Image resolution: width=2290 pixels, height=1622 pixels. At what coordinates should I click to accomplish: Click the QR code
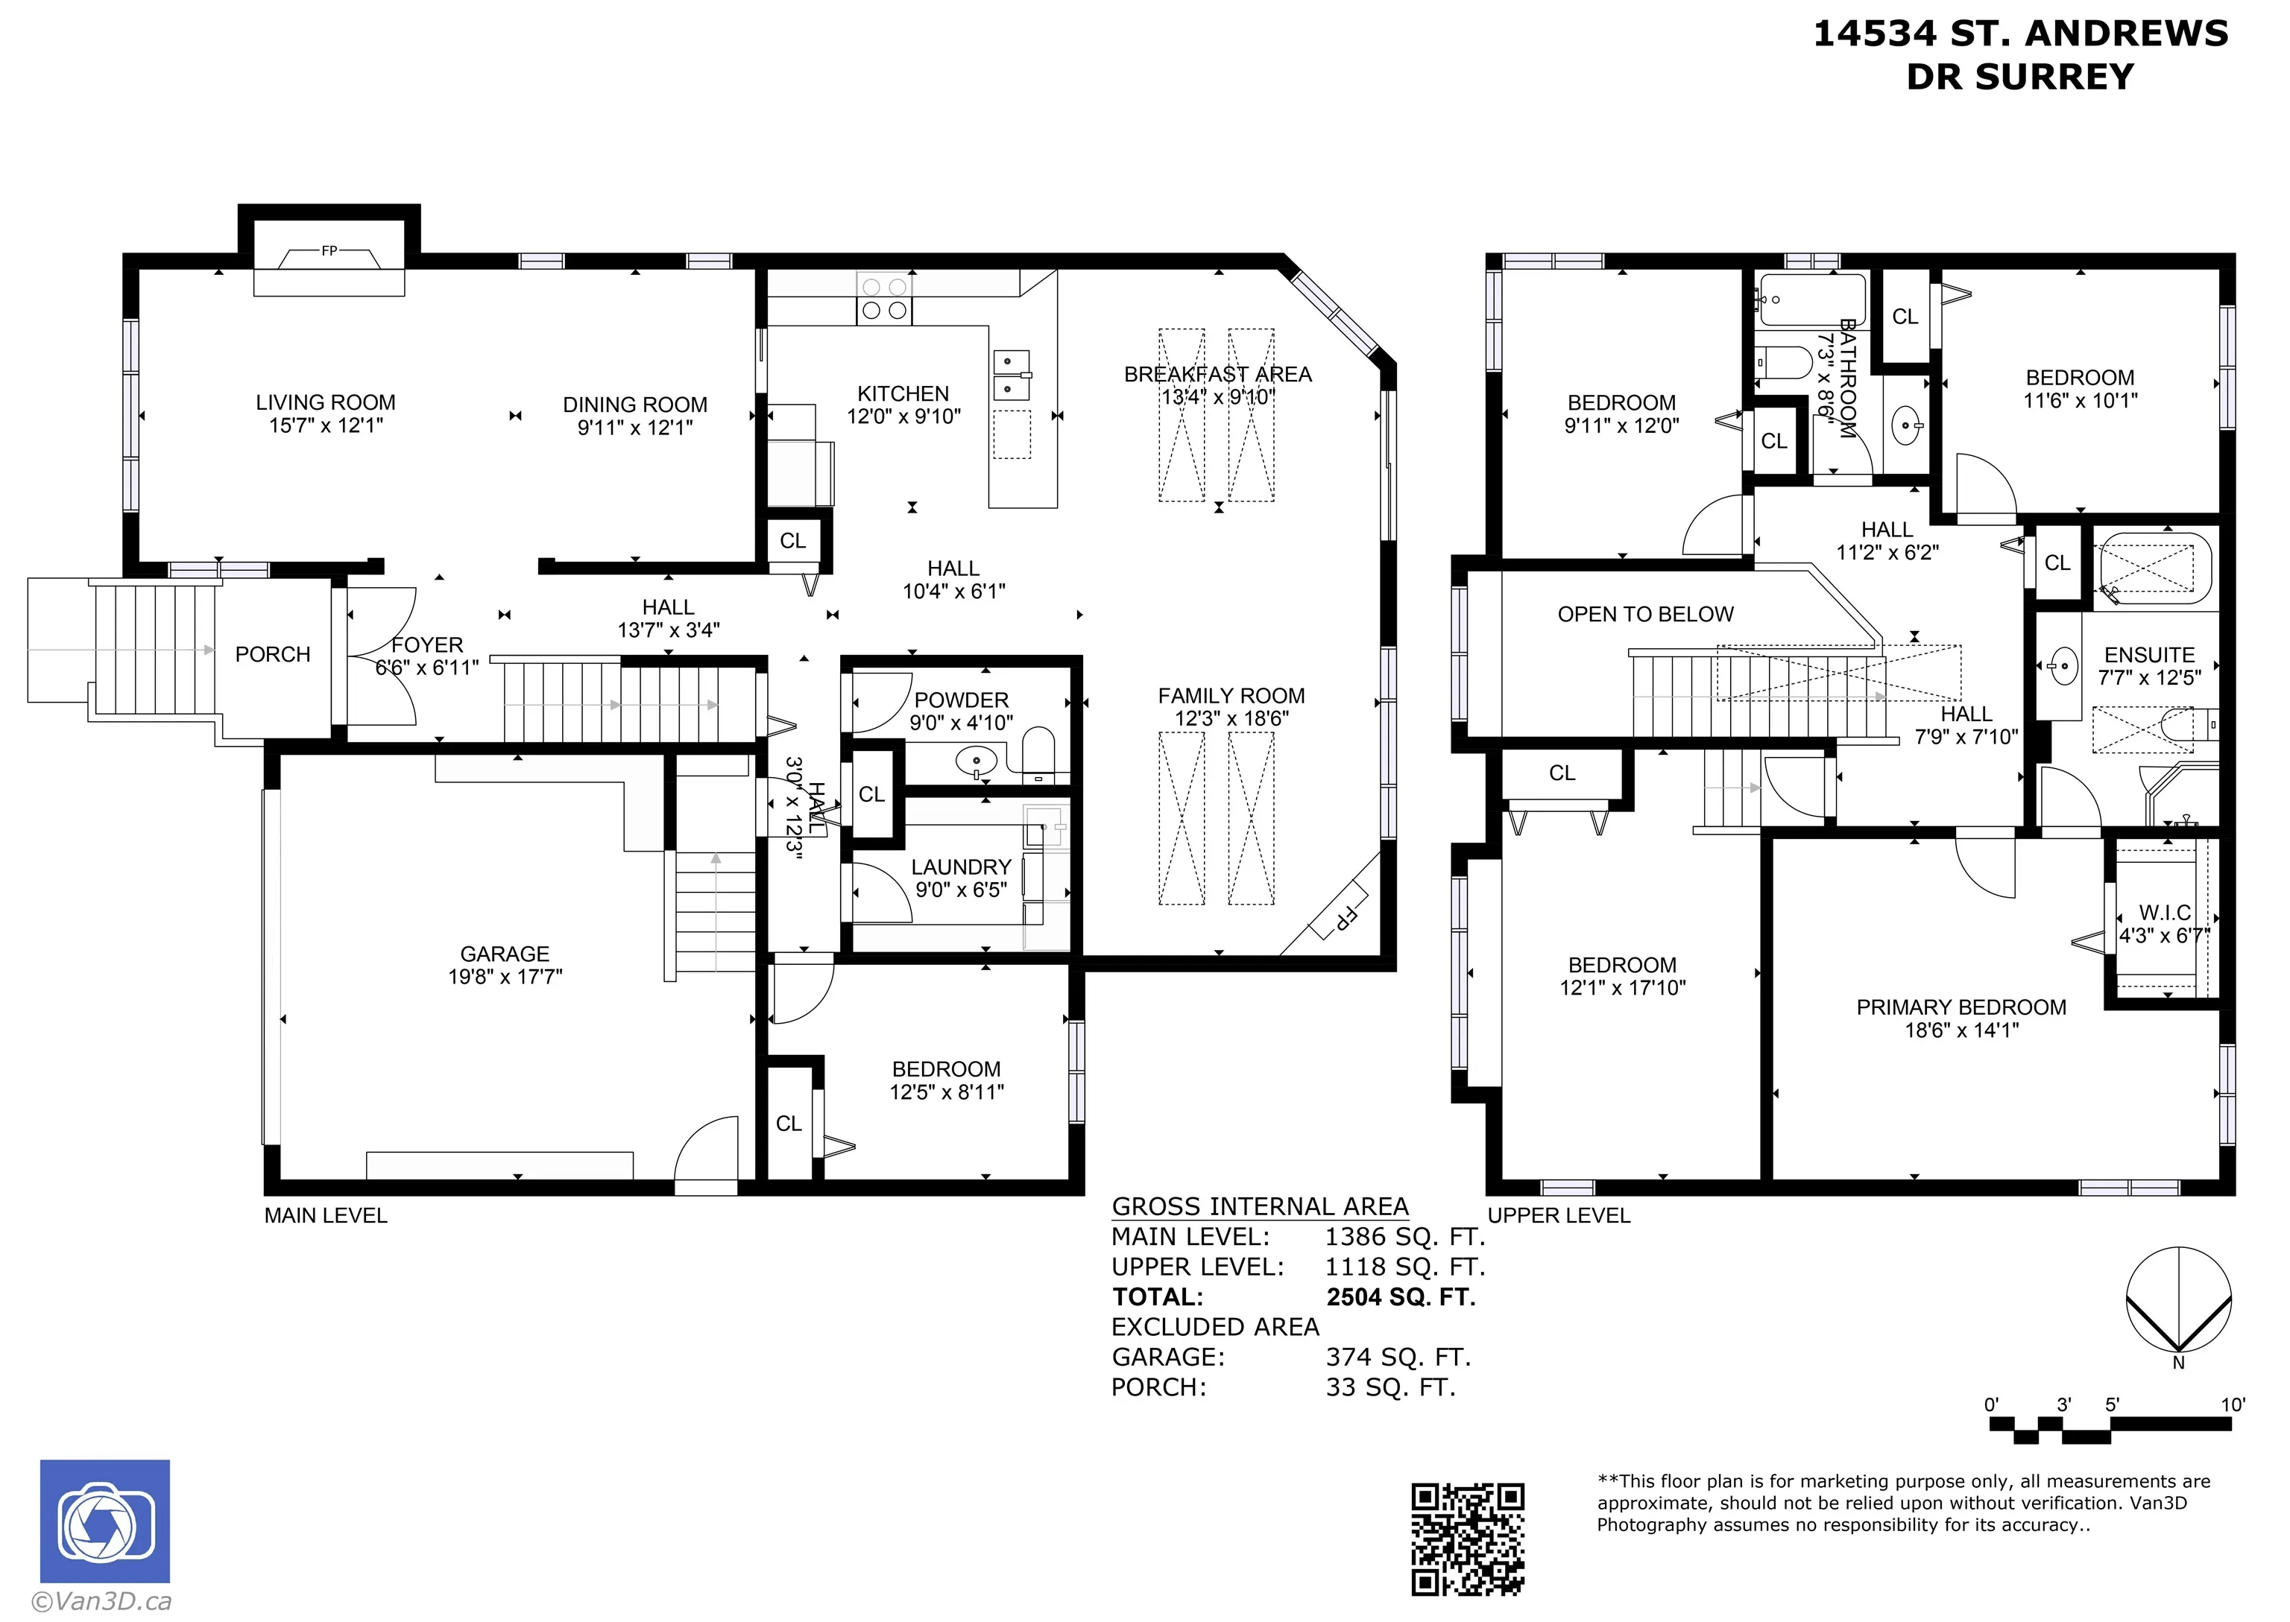coord(1467,1539)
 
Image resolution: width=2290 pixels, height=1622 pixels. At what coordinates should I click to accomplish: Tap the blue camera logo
coord(105,1521)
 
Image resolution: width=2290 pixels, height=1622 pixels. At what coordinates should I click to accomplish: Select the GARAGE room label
coord(505,954)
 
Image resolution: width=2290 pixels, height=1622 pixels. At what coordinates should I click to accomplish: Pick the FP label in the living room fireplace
coord(329,250)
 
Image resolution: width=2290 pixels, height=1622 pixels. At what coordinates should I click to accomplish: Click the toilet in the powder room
coord(1038,753)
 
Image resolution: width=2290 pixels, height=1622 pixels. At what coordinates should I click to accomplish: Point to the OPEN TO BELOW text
coord(1645,614)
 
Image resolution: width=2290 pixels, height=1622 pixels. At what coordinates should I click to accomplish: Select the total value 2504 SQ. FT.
coord(1401,1296)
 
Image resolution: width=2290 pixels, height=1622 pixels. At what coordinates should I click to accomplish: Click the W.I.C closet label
coord(2164,913)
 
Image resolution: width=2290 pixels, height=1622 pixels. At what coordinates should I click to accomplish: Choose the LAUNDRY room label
coord(961,867)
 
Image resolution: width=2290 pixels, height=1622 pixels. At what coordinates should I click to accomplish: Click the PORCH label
coord(273,654)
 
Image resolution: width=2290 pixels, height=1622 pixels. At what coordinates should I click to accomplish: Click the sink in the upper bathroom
coord(1908,428)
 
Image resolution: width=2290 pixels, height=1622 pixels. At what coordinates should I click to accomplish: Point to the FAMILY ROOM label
coord(1231,695)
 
